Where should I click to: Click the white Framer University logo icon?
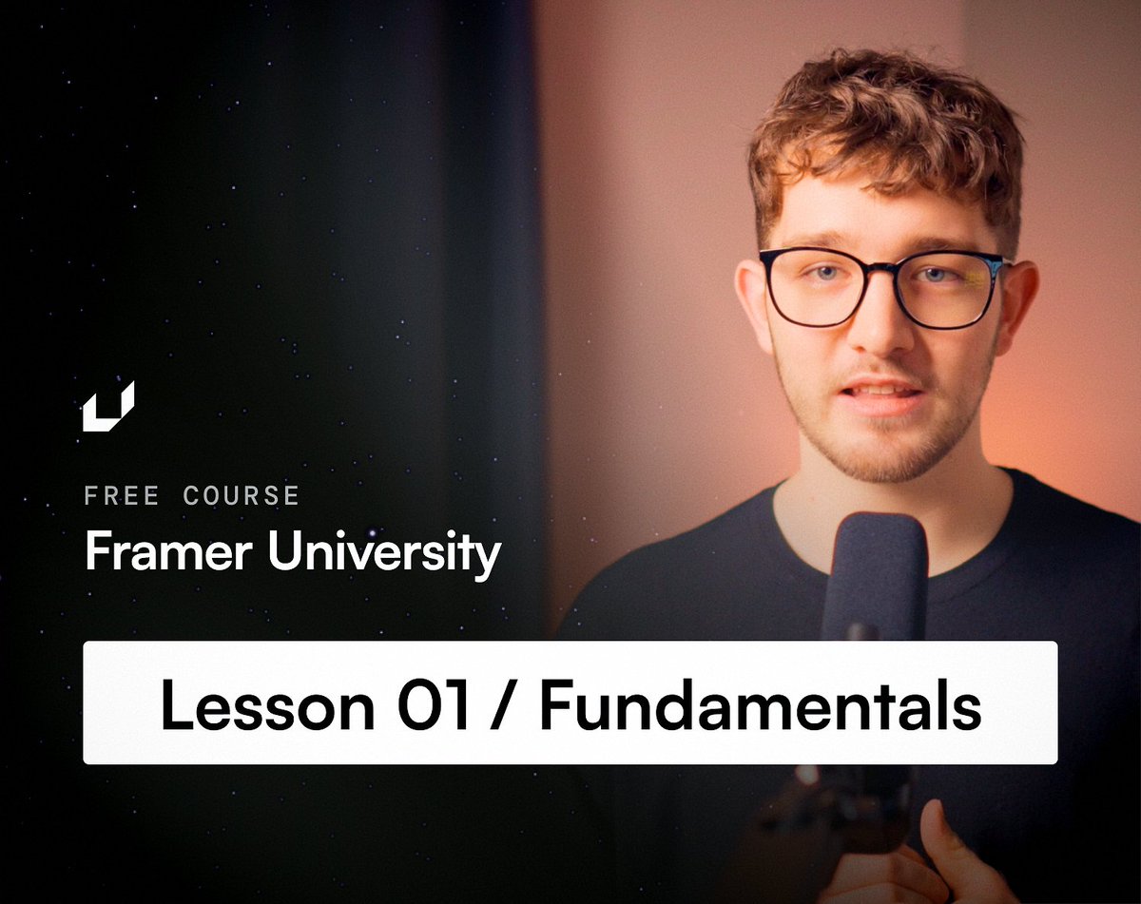coord(107,407)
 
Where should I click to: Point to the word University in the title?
coord(383,553)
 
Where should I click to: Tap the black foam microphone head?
coord(875,575)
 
